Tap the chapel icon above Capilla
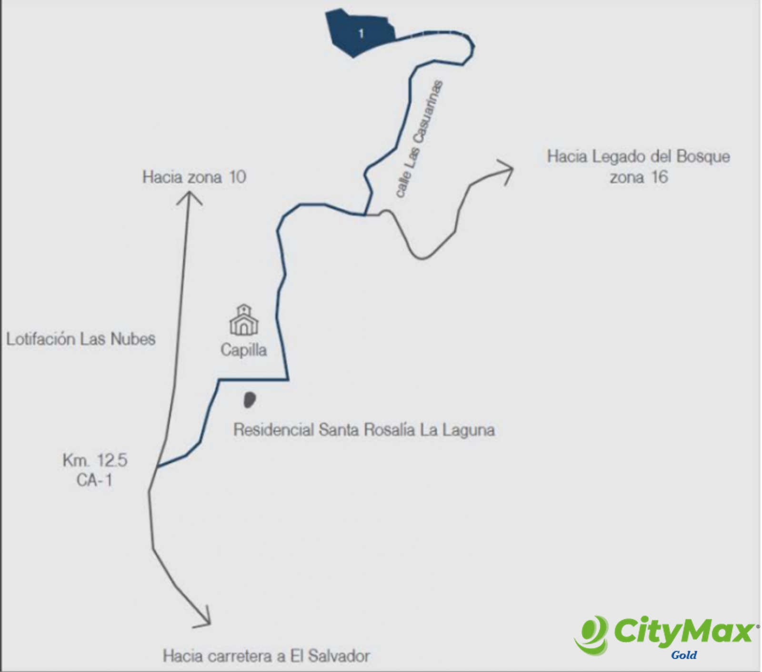[244, 320]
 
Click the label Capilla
[243, 350]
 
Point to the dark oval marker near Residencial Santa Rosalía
[250, 400]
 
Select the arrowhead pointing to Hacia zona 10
[190, 198]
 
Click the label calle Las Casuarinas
[420, 139]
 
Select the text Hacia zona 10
[194, 177]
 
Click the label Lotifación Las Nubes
[81, 339]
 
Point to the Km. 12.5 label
[95, 460]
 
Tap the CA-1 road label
[94, 479]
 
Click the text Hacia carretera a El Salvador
[266, 656]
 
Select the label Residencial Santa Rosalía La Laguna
[364, 430]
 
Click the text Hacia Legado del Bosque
[638, 157]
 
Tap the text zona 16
[639, 178]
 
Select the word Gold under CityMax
[684, 655]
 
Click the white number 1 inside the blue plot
[361, 33]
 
